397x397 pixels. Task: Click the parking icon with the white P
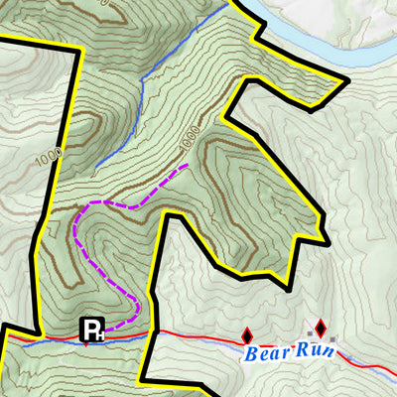pos(92,330)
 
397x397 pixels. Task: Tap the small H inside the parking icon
pos(99,334)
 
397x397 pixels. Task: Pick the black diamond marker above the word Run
pos(321,327)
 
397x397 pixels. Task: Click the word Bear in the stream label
pos(267,353)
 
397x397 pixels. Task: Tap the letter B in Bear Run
pos(253,353)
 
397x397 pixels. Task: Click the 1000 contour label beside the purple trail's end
pos(191,140)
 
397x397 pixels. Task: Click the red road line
pos(198,338)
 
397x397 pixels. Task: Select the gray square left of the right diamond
pos(309,331)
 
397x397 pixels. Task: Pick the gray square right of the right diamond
pos(334,339)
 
